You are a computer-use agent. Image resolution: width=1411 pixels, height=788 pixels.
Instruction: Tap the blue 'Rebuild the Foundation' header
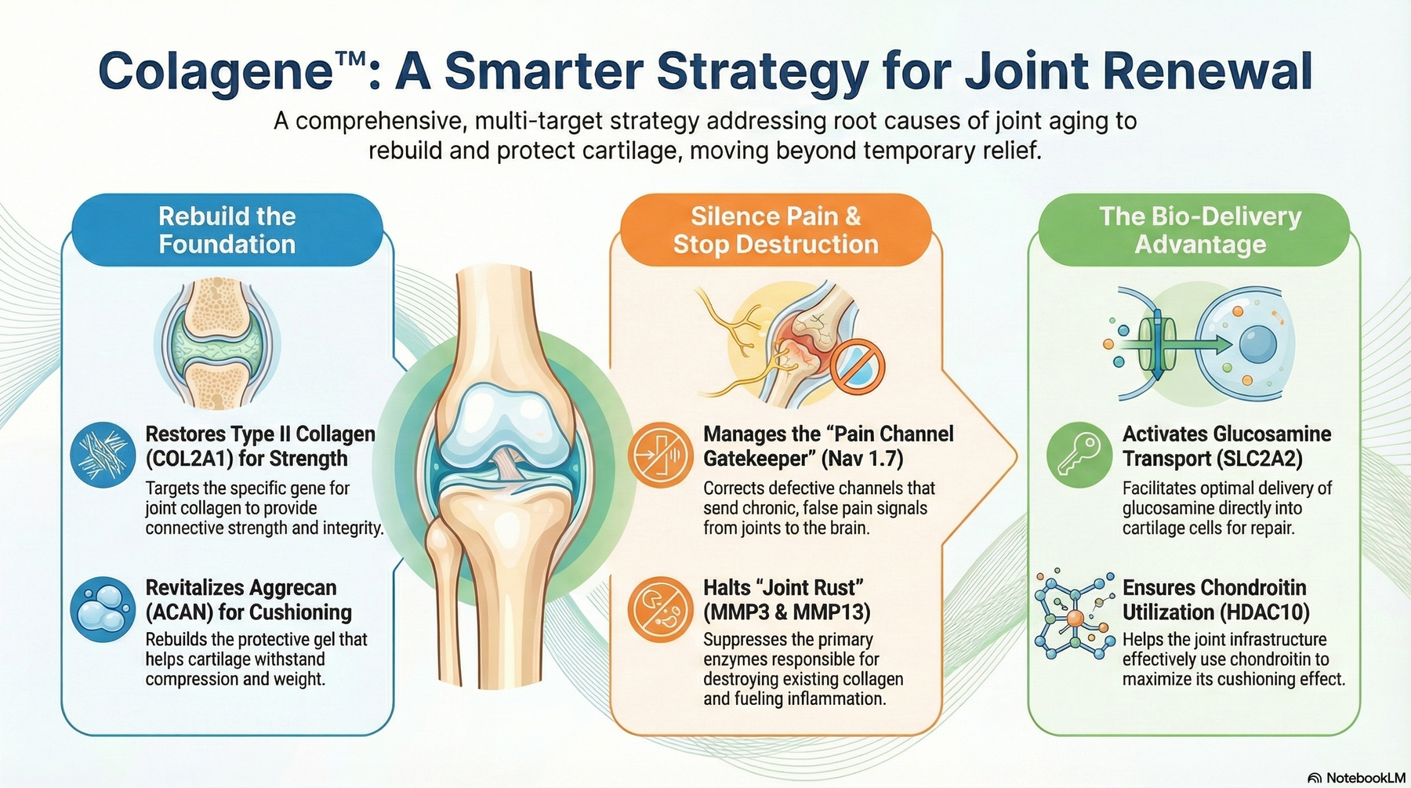[x=227, y=230]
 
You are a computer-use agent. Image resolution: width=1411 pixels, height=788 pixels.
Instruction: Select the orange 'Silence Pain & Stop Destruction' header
[x=775, y=230]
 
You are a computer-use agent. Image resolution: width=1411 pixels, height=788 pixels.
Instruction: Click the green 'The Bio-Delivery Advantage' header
[x=1200, y=230]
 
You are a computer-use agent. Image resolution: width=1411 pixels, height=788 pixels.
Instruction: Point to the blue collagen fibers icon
[x=103, y=455]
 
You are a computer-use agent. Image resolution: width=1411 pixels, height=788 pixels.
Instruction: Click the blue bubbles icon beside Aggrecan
[x=103, y=609]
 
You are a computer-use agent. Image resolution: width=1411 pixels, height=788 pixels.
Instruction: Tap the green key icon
[x=1079, y=455]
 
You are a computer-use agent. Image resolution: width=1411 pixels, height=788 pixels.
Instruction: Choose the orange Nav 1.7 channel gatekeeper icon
[x=661, y=455]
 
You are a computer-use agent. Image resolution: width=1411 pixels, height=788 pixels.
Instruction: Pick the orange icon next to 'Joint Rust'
[x=661, y=609]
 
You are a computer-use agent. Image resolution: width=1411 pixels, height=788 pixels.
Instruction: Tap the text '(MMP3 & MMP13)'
[x=786, y=612]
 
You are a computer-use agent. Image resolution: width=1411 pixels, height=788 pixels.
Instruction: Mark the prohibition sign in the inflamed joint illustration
[x=858, y=366]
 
